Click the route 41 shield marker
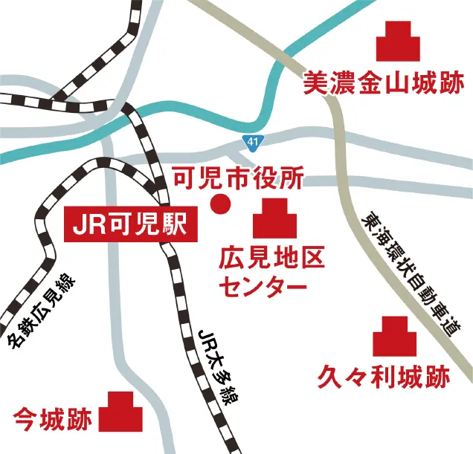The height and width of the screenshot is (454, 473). (254, 140)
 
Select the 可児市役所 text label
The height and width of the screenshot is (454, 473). (238, 178)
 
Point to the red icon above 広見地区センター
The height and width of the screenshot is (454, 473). (277, 219)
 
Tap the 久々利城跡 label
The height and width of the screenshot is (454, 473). (384, 377)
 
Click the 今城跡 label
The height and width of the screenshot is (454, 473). (53, 421)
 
